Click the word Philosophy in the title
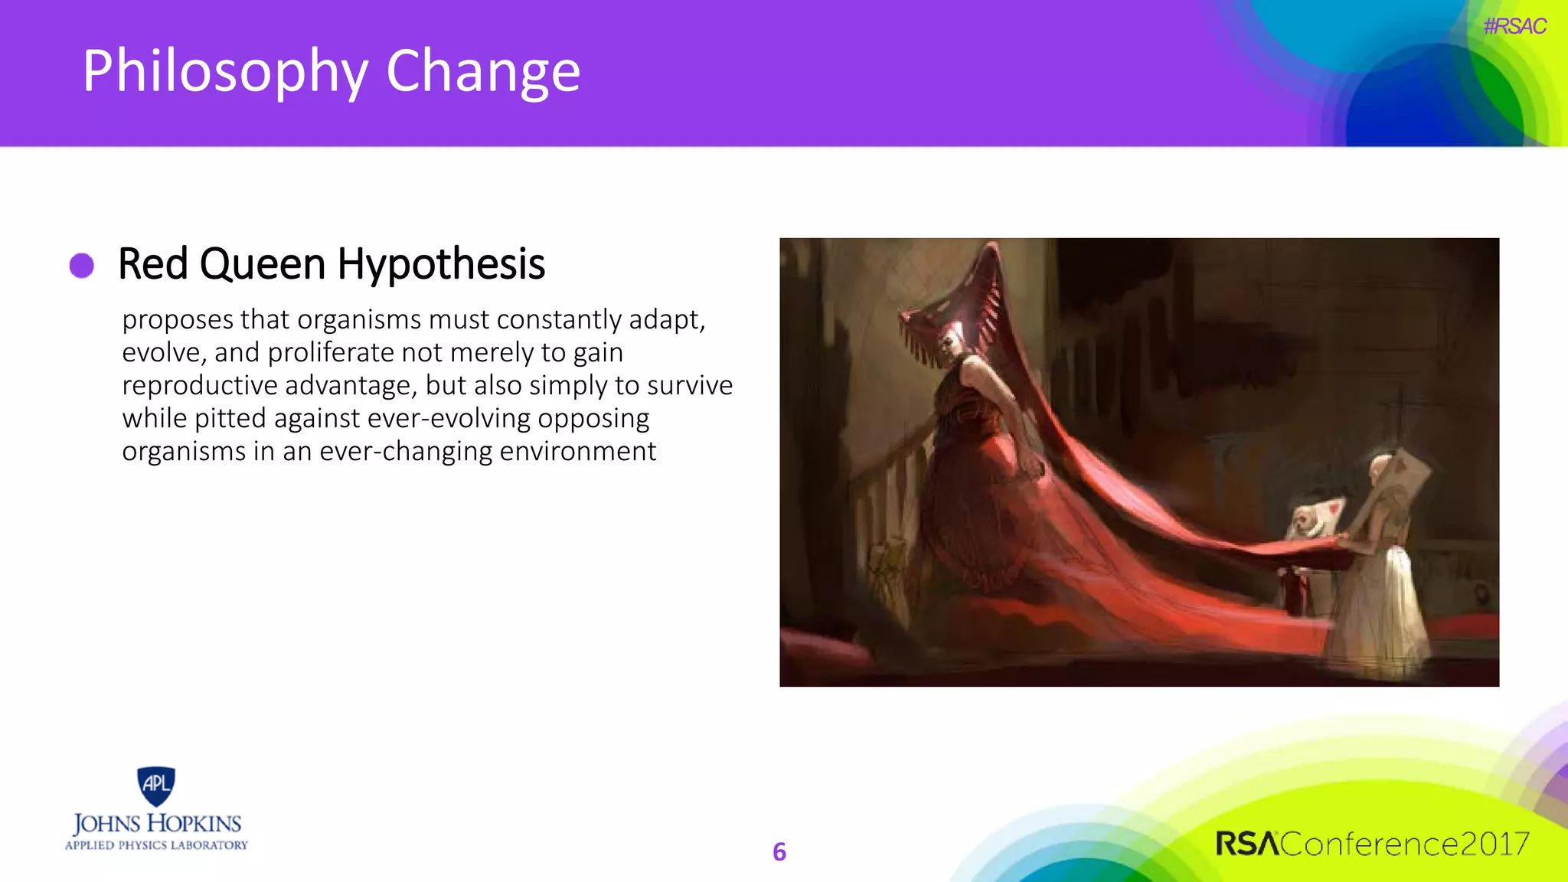(225, 72)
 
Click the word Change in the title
(482, 72)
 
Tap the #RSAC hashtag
(1514, 27)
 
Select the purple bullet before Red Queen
(82, 266)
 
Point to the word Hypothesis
(440, 265)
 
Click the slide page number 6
(779, 851)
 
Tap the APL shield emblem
(156, 786)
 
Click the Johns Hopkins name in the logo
(157, 824)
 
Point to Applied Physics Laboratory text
(157, 845)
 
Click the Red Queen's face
(952, 339)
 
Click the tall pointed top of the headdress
(993, 256)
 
